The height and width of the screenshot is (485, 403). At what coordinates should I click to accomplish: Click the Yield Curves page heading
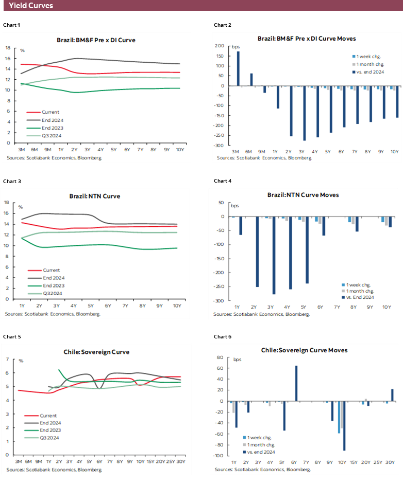click(30, 6)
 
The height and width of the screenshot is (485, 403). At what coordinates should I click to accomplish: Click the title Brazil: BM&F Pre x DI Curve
click(96, 40)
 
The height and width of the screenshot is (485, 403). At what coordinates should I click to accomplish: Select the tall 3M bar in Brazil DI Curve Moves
click(238, 68)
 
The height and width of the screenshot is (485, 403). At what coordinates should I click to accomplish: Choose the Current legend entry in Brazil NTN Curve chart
click(51, 270)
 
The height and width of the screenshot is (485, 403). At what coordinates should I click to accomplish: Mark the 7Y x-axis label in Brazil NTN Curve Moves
click(337, 307)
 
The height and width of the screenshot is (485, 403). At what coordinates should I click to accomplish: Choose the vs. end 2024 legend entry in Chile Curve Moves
click(261, 452)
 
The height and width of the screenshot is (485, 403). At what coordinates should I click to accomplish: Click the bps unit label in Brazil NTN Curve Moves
click(235, 206)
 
